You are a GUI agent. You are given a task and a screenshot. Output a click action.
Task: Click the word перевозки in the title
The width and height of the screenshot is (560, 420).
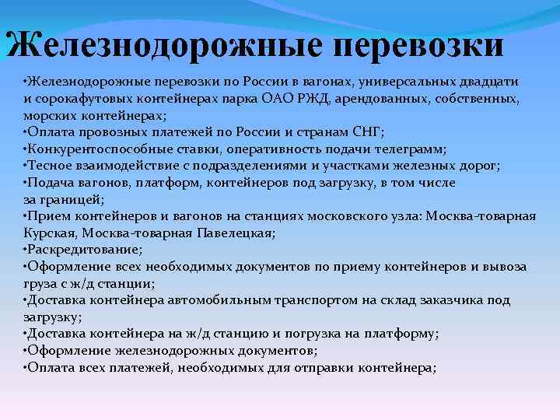click(418, 45)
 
